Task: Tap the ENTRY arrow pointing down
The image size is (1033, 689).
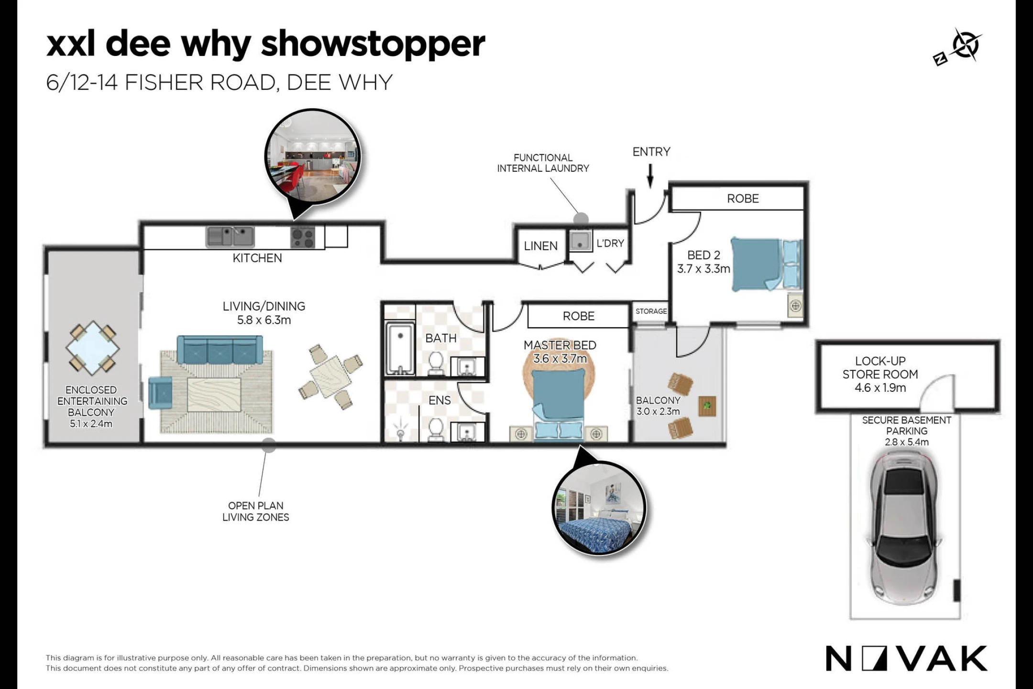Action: click(650, 176)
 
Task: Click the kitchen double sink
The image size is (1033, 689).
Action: click(230, 236)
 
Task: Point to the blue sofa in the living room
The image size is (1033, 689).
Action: click(220, 350)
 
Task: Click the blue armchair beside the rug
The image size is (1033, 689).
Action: click(160, 393)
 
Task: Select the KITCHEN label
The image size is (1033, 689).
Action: click(257, 258)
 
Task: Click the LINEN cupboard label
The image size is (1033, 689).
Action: click(540, 246)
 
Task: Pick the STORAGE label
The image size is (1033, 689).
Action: click(651, 311)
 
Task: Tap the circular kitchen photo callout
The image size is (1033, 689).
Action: click(312, 157)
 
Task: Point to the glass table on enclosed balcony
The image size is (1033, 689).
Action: click(92, 348)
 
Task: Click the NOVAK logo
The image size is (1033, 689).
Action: click(906, 658)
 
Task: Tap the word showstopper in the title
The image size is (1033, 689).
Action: click(373, 44)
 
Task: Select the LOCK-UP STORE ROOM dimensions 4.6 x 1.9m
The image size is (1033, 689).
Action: click(880, 388)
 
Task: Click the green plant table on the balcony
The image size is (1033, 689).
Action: click(707, 406)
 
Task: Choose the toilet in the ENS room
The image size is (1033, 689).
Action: click(436, 428)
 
